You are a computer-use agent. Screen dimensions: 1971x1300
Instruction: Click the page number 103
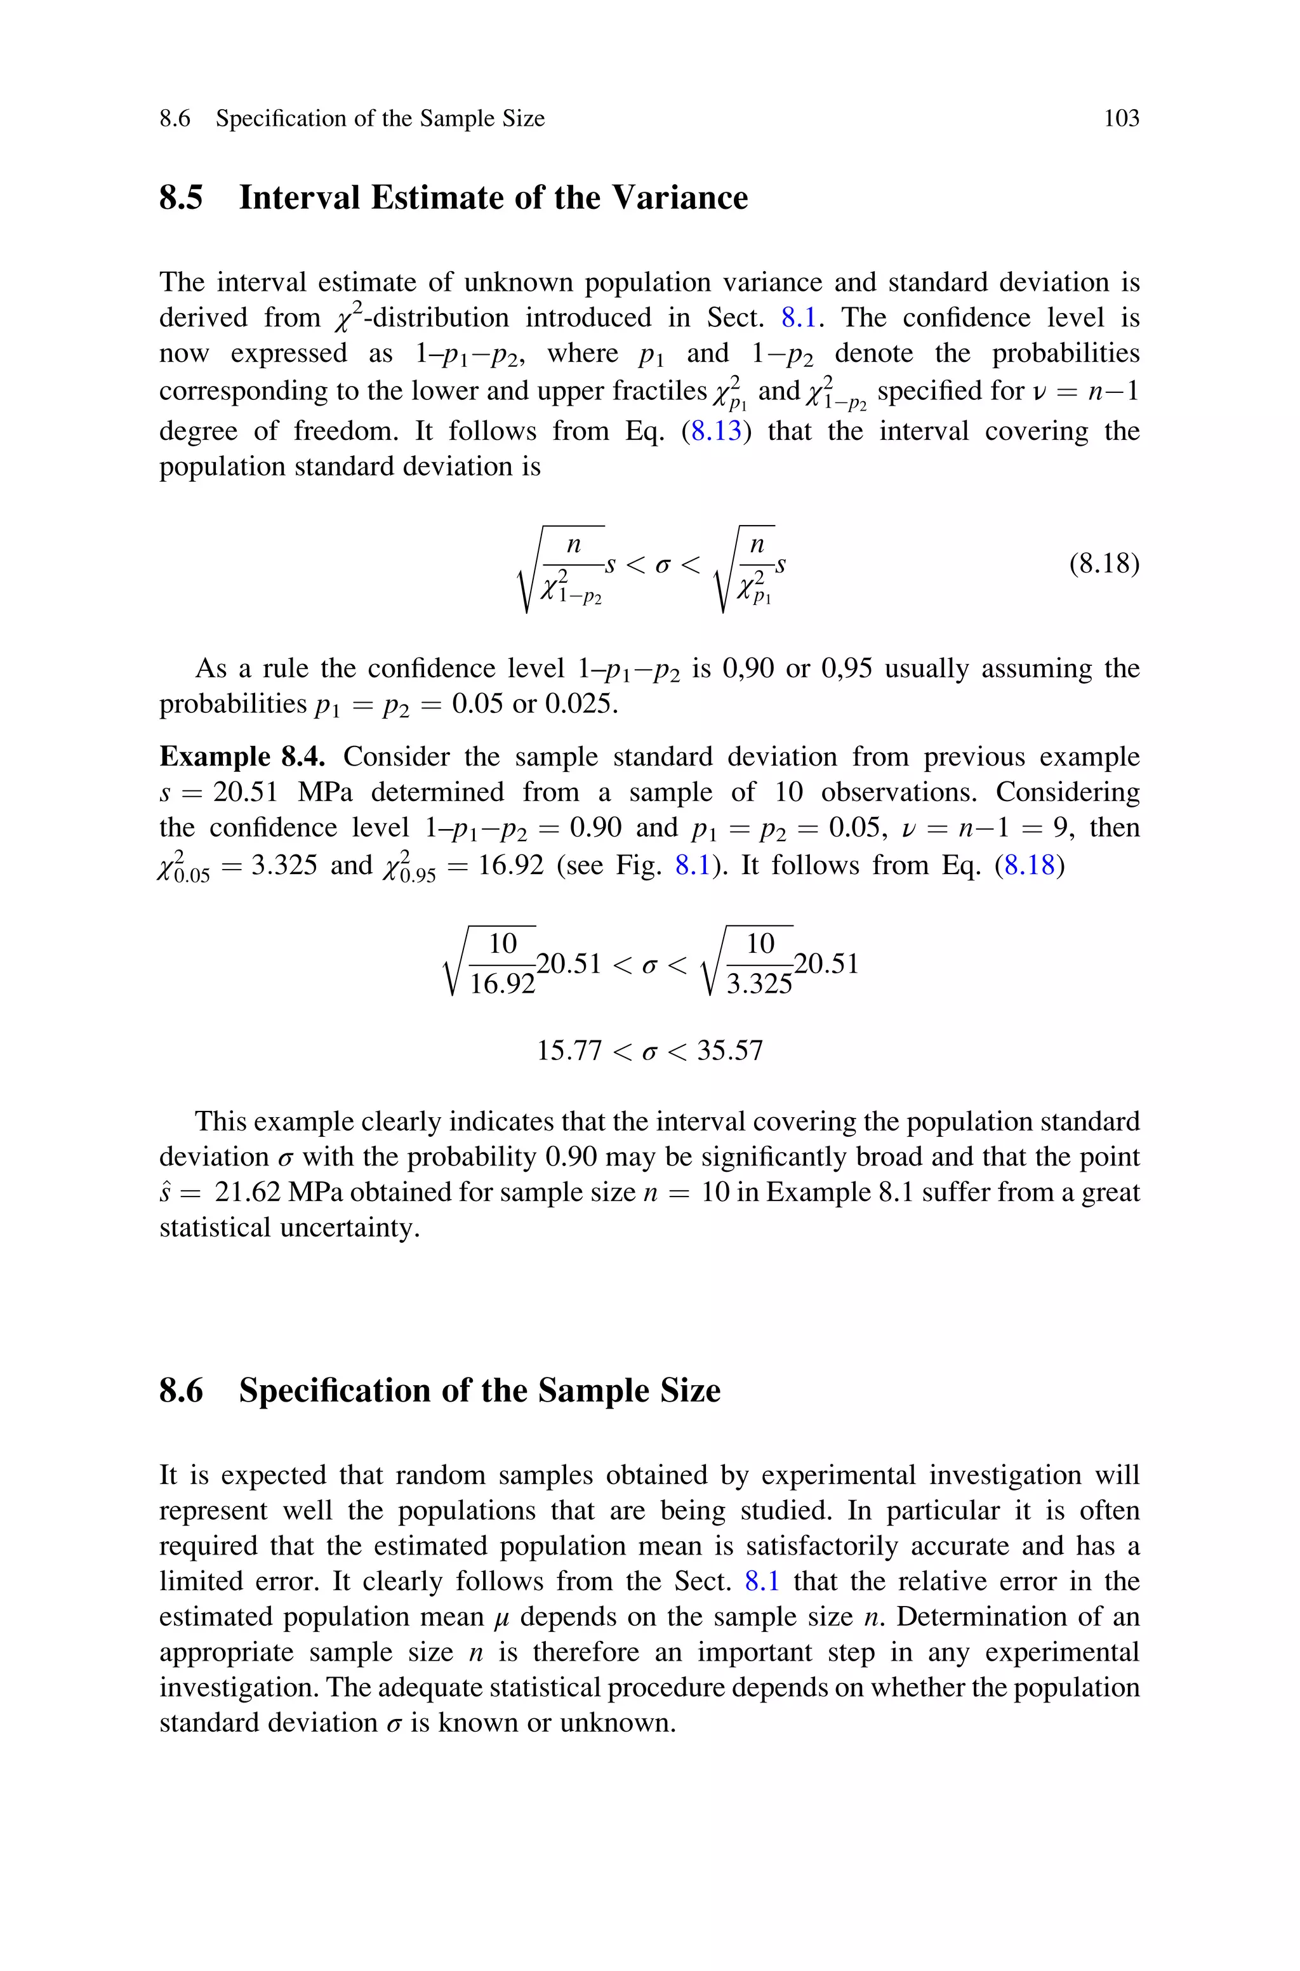(1121, 119)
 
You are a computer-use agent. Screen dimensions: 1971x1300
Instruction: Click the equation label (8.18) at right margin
(1103, 564)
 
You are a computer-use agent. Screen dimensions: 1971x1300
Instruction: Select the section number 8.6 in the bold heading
(181, 1390)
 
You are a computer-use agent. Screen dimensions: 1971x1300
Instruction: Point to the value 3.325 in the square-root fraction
(759, 984)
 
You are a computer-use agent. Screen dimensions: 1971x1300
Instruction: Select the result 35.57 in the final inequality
(729, 1051)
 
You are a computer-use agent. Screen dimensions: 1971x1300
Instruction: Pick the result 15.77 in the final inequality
(569, 1051)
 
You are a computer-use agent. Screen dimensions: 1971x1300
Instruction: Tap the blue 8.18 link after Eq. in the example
(1029, 865)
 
